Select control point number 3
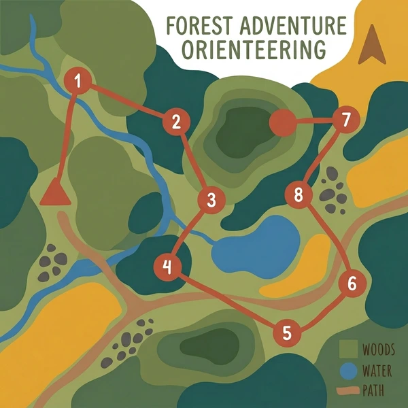tap(211, 201)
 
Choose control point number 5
tap(286, 333)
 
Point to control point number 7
tap(345, 121)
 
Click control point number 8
tap(298, 196)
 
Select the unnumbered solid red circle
tap(282, 123)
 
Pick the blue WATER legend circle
tap(347, 371)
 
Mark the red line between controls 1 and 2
tap(126, 101)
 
